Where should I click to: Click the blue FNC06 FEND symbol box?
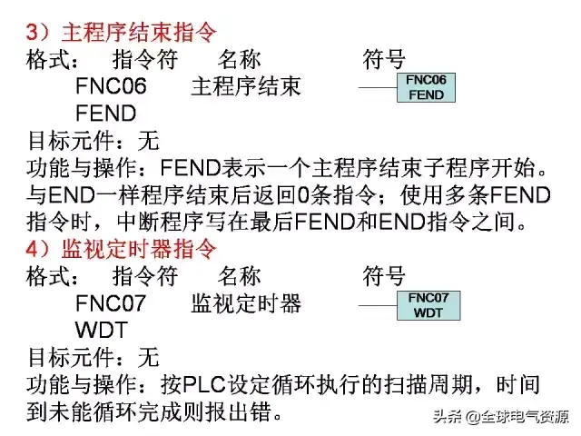[x=426, y=87]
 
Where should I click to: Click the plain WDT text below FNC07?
[x=102, y=330]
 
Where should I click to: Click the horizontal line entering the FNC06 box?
[x=377, y=88]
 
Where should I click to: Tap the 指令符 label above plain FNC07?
[x=144, y=276]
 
